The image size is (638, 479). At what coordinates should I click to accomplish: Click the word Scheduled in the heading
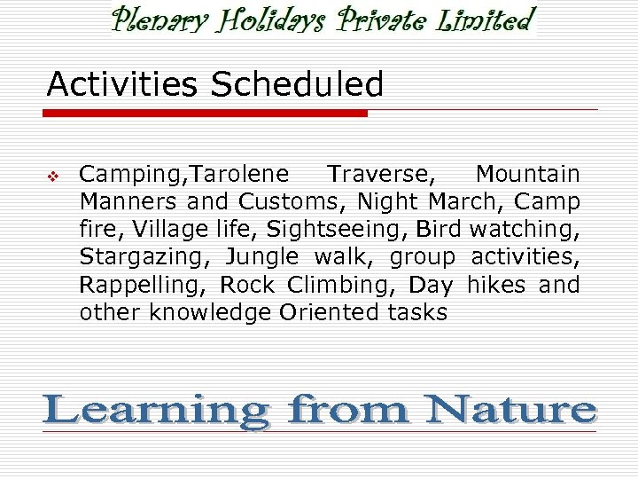(296, 85)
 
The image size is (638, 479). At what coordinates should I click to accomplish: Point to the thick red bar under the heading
(206, 114)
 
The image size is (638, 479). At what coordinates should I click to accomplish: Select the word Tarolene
(240, 174)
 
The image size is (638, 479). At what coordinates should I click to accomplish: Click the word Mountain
(527, 174)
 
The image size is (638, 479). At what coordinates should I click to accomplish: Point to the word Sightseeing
(337, 229)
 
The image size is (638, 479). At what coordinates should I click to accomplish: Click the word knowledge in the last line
(211, 312)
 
